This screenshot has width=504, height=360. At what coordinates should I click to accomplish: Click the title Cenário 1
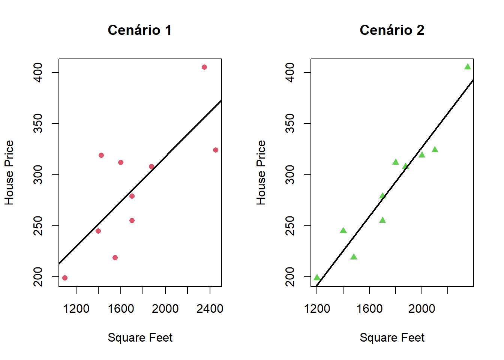pyautogui.click(x=139, y=30)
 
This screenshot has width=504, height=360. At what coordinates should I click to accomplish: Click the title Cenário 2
pyautogui.click(x=392, y=30)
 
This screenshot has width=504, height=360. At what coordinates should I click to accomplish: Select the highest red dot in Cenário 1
pyautogui.click(x=204, y=67)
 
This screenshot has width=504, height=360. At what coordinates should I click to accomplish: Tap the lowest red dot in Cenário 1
pyautogui.click(x=65, y=278)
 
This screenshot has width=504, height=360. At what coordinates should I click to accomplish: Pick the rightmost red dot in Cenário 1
pyautogui.click(x=216, y=150)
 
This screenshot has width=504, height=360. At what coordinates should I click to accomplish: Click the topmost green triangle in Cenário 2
pyautogui.click(x=468, y=67)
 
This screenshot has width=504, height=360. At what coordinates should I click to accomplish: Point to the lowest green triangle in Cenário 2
pyautogui.click(x=317, y=277)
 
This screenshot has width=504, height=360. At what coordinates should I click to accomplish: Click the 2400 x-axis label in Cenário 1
pyautogui.click(x=210, y=309)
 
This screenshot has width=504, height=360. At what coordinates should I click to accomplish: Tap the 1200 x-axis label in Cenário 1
pyautogui.click(x=76, y=309)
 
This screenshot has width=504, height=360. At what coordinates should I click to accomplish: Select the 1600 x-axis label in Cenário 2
pyautogui.click(x=369, y=309)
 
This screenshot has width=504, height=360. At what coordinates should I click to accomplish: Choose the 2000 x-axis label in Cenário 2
pyautogui.click(x=421, y=309)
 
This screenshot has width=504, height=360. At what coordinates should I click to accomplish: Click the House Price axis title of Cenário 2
pyautogui.click(x=261, y=172)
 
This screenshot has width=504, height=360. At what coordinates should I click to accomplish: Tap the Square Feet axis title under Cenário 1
pyautogui.click(x=140, y=337)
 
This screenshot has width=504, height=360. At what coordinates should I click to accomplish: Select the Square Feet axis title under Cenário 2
pyautogui.click(x=392, y=337)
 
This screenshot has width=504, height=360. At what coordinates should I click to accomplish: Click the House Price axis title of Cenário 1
pyautogui.click(x=9, y=172)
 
